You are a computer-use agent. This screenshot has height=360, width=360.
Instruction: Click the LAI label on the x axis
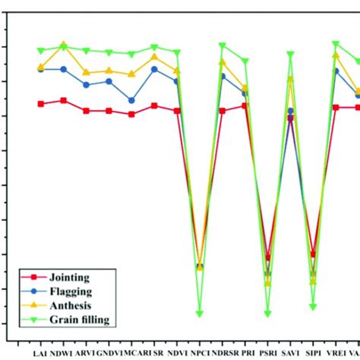(x=40, y=353)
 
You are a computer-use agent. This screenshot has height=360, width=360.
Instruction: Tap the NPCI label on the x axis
(x=200, y=353)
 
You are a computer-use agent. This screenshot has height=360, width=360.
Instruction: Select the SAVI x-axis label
(x=290, y=353)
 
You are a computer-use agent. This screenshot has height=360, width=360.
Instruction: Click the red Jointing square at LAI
(x=40, y=103)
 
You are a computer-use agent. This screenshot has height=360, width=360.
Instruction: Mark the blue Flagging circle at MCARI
(x=131, y=100)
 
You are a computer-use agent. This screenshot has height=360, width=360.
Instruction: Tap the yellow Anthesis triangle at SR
(x=154, y=57)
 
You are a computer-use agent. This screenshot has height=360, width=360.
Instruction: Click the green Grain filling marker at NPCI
(x=200, y=313)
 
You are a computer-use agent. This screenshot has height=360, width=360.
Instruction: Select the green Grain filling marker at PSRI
(x=267, y=313)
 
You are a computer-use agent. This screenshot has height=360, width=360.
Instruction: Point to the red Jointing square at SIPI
(x=313, y=254)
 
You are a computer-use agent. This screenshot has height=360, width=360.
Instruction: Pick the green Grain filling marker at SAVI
(x=290, y=54)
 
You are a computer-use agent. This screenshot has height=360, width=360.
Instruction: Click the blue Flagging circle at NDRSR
(x=223, y=76)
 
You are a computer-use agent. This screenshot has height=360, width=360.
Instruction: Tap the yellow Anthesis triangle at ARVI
(x=86, y=72)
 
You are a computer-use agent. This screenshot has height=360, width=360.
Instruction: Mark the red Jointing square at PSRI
(x=267, y=257)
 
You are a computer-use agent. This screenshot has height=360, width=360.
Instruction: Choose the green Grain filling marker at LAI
(x=40, y=51)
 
